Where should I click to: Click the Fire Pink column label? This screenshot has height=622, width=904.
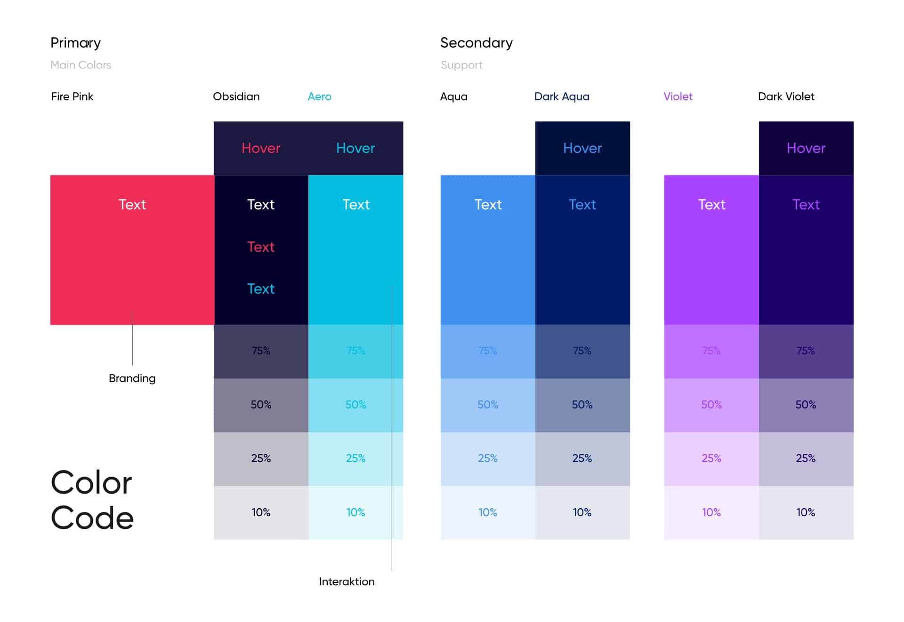coord(72,96)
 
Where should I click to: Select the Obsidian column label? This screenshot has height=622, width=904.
coord(236,96)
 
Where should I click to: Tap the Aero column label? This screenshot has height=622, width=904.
coord(319,96)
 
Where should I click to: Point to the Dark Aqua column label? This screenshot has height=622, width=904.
coord(561,96)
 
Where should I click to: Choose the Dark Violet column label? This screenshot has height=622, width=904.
coord(786,96)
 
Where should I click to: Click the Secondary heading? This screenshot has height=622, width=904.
coord(476,43)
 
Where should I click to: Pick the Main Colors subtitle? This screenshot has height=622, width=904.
coord(81,65)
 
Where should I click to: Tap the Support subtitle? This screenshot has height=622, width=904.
coord(461,65)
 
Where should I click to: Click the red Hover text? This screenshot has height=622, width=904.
coord(260,148)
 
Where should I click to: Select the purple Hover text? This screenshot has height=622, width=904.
coord(806,148)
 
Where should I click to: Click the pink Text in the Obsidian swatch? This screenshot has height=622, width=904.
coord(260,247)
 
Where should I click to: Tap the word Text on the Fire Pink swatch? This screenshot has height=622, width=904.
coord(132,204)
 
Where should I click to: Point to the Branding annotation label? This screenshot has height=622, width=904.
coord(132,378)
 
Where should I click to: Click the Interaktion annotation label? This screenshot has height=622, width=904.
coord(347,582)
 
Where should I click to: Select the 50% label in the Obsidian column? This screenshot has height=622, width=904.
coord(260,405)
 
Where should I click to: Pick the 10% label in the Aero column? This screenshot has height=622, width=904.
coord(355,512)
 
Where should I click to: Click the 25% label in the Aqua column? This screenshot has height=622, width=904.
coord(487,458)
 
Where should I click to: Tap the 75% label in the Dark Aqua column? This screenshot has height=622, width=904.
coord(582,351)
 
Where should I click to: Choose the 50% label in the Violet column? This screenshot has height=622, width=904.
coord(711,405)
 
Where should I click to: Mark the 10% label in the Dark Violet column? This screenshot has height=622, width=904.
coord(806,512)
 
